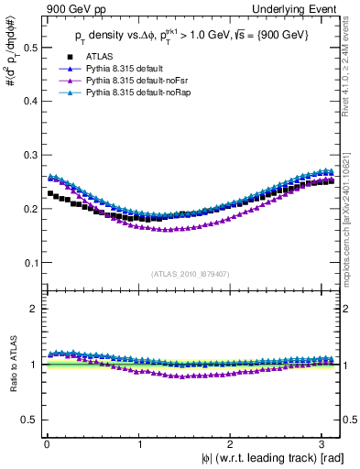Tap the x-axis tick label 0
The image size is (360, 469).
[47, 443]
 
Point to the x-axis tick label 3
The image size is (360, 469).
[325, 443]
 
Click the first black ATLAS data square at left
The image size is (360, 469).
[50, 193]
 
